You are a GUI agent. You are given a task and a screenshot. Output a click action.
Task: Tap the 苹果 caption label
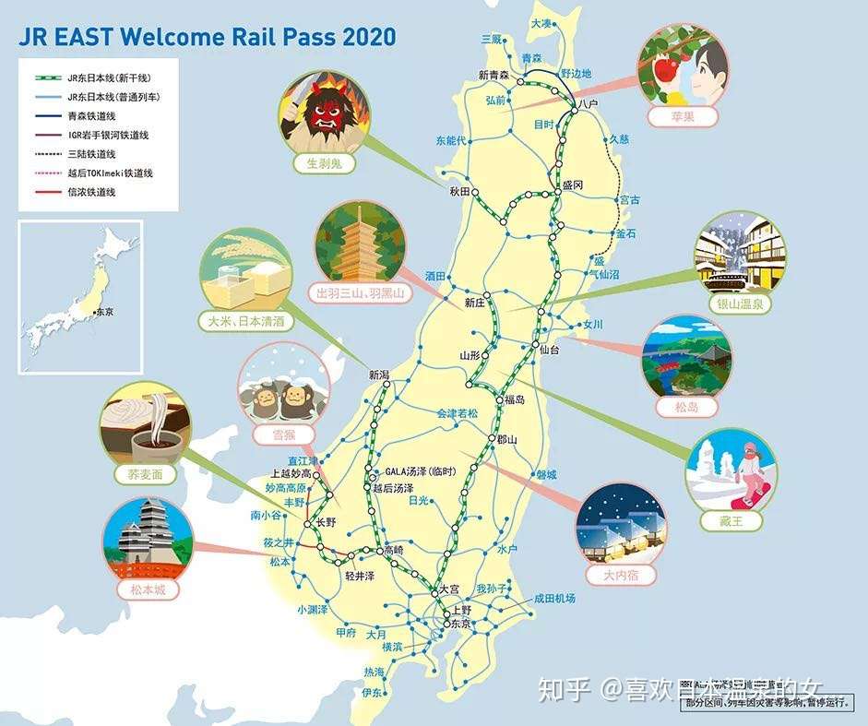[x=684, y=117]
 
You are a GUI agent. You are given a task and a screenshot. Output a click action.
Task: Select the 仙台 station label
[x=551, y=350]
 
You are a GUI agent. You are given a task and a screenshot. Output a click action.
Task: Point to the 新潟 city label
[x=380, y=375]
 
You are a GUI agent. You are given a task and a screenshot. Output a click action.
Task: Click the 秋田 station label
[x=459, y=192]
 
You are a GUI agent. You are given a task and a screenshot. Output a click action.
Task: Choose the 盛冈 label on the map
[x=573, y=184]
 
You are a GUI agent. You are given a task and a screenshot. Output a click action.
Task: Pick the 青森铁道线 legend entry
[x=91, y=115]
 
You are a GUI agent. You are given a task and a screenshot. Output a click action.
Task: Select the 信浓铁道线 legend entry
[x=91, y=192]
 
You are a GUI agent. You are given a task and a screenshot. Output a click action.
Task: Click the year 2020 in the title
[x=369, y=37]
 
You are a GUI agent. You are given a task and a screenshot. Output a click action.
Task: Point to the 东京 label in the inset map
[x=103, y=312]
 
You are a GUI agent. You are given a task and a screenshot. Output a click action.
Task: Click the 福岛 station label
[x=514, y=399]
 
